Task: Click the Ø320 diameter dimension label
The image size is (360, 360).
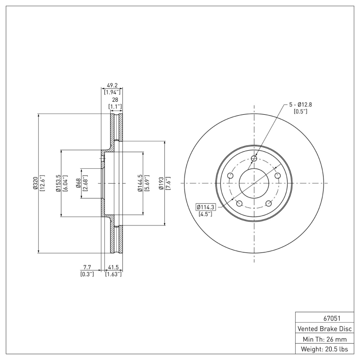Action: pos(35,183)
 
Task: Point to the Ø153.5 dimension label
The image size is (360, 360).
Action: pos(58,183)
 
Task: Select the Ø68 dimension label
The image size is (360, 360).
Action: pos(78,183)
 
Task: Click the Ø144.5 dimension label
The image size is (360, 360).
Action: pos(140,183)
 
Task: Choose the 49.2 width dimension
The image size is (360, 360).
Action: pos(112,84)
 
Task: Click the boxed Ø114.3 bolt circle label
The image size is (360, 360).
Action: pos(206,207)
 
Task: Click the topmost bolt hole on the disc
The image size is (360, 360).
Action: pos(254,158)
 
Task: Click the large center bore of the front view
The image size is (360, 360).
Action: pos(254,183)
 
